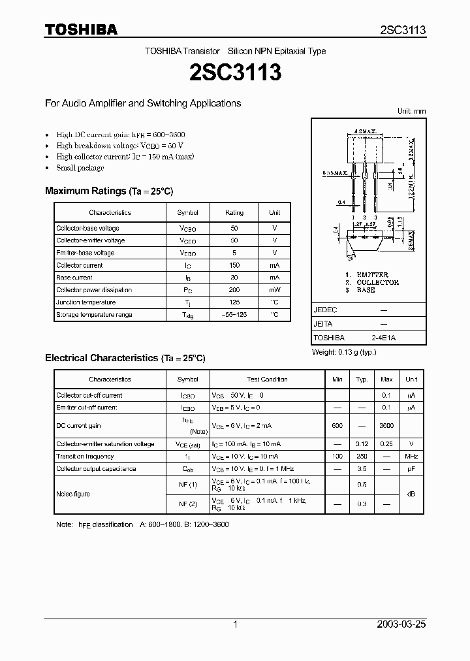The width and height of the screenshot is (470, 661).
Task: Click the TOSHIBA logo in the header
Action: [81, 29]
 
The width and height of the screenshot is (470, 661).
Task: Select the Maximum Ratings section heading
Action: [109, 191]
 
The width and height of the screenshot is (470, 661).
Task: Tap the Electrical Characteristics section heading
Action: [125, 358]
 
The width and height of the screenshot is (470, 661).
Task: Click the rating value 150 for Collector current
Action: [234, 265]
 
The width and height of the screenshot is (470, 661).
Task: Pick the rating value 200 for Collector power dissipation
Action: [234, 290]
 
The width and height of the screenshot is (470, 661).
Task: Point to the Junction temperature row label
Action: [86, 302]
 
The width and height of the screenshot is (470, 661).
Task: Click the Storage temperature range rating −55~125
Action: [234, 315]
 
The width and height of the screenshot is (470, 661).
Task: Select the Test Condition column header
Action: [267, 379]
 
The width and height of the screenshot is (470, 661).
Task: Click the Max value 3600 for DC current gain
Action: [386, 426]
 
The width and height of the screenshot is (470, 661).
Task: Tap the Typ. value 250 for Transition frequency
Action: [362, 457]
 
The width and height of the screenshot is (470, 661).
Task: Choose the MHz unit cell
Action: [411, 457]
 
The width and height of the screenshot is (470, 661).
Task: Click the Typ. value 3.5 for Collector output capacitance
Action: [362, 469]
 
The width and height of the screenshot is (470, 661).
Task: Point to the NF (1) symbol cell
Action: [188, 485]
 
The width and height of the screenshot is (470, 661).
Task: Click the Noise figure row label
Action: [73, 494]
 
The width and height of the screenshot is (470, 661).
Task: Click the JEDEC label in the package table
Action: [326, 310]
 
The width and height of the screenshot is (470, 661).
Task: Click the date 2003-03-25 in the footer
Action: [401, 624]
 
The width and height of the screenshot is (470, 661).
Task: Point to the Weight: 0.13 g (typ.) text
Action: [344, 352]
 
